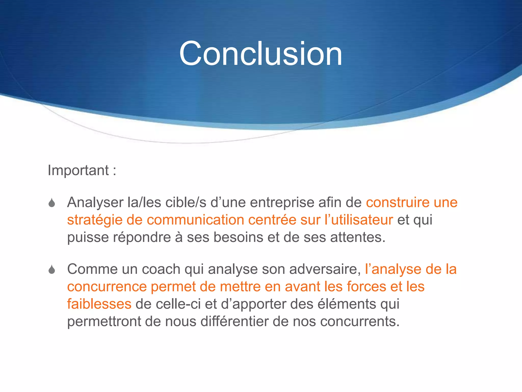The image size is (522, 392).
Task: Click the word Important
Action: (78, 170)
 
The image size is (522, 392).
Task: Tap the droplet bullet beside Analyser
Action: (52, 203)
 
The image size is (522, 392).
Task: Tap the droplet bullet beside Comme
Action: (52, 269)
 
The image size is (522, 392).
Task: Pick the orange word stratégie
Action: (95, 220)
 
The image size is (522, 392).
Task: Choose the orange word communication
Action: (195, 220)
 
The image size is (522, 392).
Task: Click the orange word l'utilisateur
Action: (359, 220)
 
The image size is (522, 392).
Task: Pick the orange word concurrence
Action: (107, 287)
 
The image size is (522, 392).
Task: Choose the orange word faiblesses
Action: (99, 304)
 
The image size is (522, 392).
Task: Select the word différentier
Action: (234, 321)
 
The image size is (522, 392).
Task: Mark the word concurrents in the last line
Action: (360, 321)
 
